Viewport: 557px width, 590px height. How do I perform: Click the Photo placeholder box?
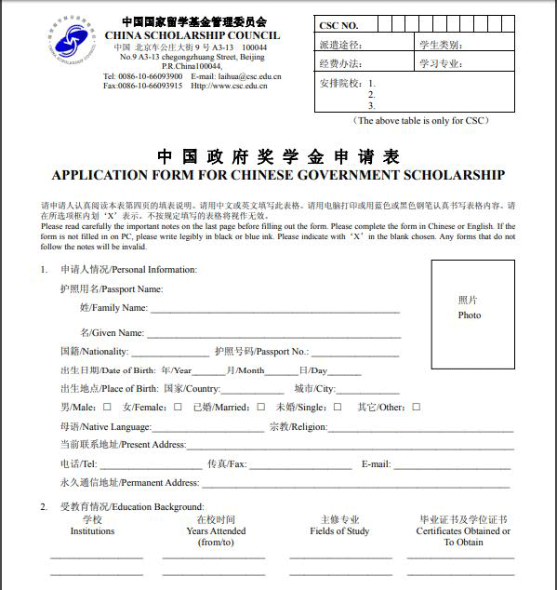(472, 309)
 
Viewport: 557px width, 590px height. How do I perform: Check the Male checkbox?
(107, 407)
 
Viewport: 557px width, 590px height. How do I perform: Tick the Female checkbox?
(178, 407)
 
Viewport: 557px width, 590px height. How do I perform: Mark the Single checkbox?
(338, 407)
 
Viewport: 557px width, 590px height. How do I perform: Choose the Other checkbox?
(416, 407)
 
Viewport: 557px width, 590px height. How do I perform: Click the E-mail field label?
(376, 463)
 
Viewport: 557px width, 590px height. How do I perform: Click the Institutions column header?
(92, 531)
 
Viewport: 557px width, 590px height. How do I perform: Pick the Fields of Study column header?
(339, 531)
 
